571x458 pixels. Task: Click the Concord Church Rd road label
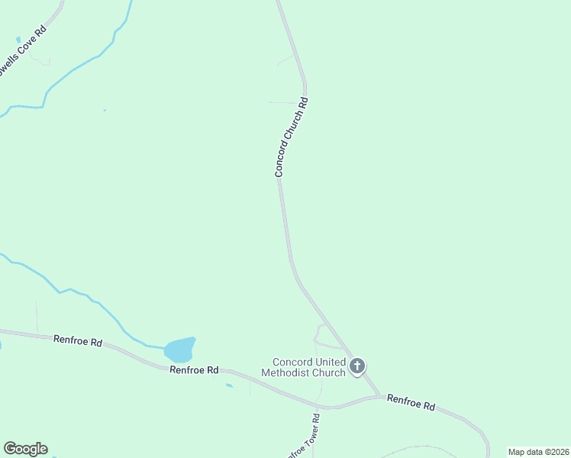point(292,138)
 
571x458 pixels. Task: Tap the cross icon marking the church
point(356,366)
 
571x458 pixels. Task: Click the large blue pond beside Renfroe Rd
point(179,350)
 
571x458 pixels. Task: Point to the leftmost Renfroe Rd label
point(78,341)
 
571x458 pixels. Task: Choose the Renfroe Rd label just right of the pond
point(195,370)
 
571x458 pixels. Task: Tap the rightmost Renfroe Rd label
point(411,402)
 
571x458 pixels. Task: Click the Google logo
point(25,449)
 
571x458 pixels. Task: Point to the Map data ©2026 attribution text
point(538,452)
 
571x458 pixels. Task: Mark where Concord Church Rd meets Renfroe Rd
point(379,395)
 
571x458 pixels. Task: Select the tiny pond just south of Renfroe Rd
point(229,385)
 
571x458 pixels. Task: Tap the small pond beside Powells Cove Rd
point(18,40)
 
